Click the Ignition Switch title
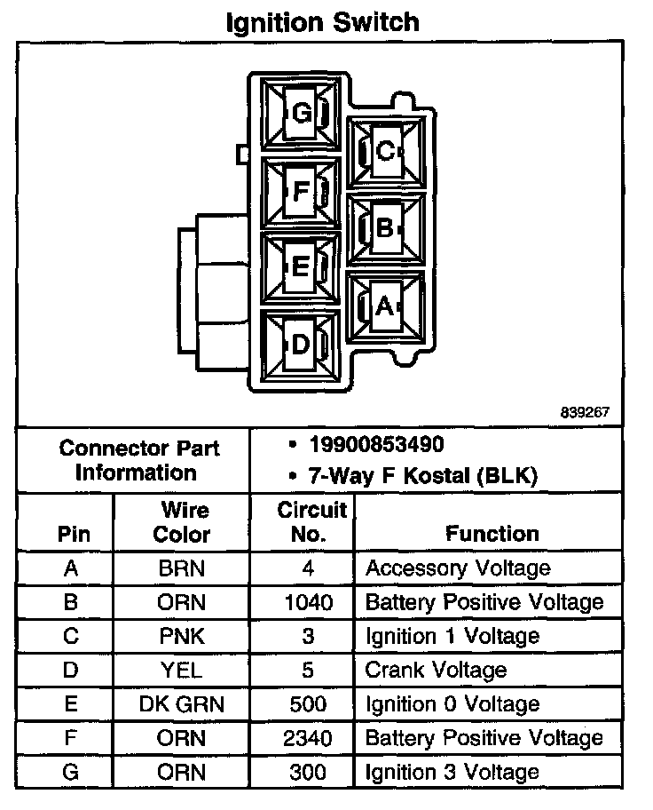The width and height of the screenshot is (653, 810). click(x=321, y=21)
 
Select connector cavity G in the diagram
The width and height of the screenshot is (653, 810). click(x=302, y=114)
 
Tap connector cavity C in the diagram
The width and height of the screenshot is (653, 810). click(x=384, y=152)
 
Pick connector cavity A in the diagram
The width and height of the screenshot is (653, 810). click(x=384, y=306)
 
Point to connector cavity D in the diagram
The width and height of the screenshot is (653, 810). click(x=301, y=344)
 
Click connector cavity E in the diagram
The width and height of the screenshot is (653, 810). click(x=301, y=266)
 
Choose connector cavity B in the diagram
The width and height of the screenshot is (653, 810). click(x=384, y=228)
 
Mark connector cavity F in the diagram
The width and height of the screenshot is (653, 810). click(x=301, y=190)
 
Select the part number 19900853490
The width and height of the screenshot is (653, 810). click(x=377, y=444)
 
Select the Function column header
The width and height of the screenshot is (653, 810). click(x=492, y=534)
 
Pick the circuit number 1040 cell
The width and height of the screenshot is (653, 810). click(x=309, y=602)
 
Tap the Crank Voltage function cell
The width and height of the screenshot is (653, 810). click(x=436, y=671)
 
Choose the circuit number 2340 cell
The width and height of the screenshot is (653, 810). click(x=309, y=738)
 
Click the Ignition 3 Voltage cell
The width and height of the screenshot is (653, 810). click(x=452, y=772)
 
